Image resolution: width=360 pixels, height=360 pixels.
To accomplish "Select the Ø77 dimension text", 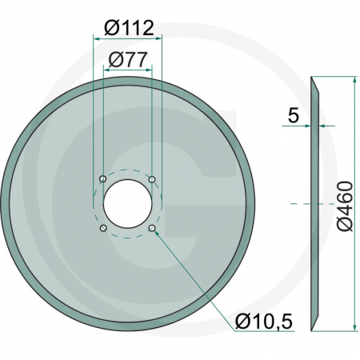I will click(x=128, y=58).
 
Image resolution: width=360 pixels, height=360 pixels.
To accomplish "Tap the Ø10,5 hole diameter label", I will click(x=264, y=322).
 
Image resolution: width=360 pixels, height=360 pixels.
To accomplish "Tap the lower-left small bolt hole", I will click(x=103, y=229).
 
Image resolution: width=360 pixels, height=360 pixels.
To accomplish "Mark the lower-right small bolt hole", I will click(x=153, y=229).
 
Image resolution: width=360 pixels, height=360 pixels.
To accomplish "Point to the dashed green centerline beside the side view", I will click(x=300, y=204).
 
